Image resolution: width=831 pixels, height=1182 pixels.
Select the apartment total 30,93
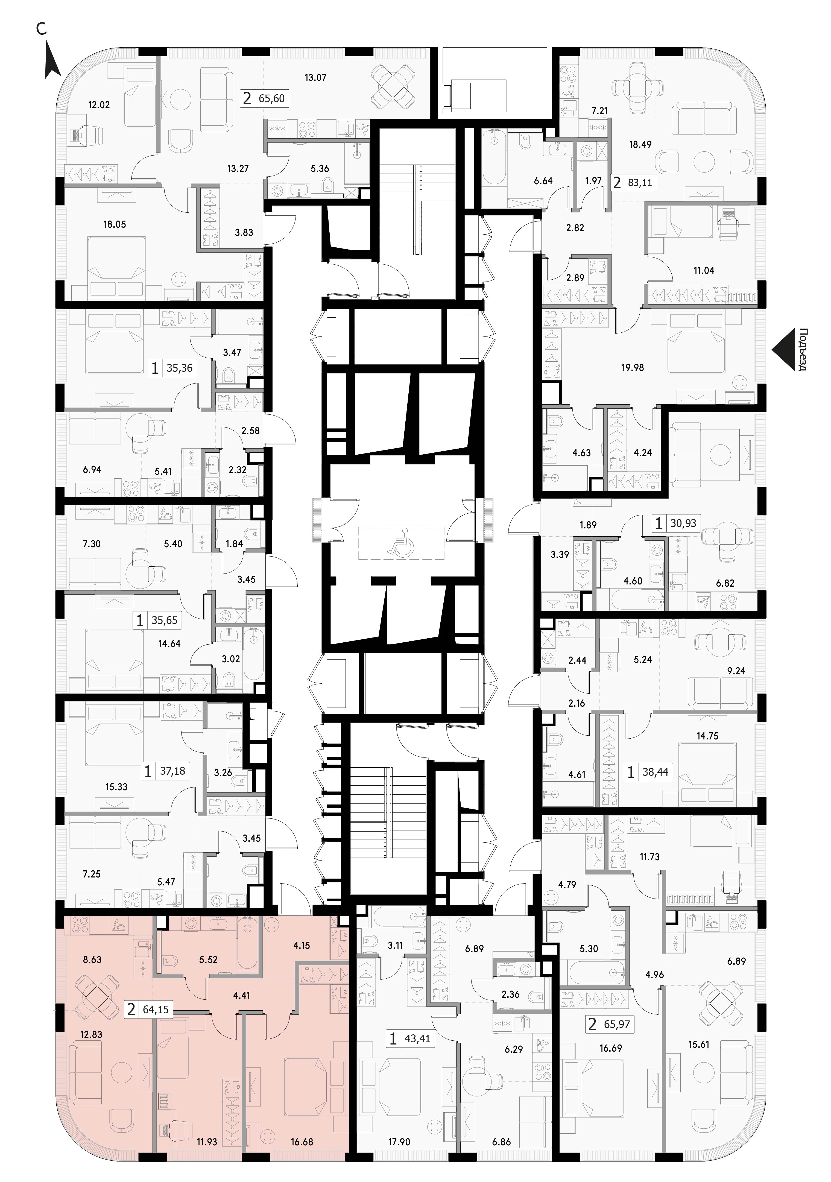tap(683, 523)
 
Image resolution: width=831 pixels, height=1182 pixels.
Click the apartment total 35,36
tap(180, 368)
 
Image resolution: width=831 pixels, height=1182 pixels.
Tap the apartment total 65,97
tap(617, 1010)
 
